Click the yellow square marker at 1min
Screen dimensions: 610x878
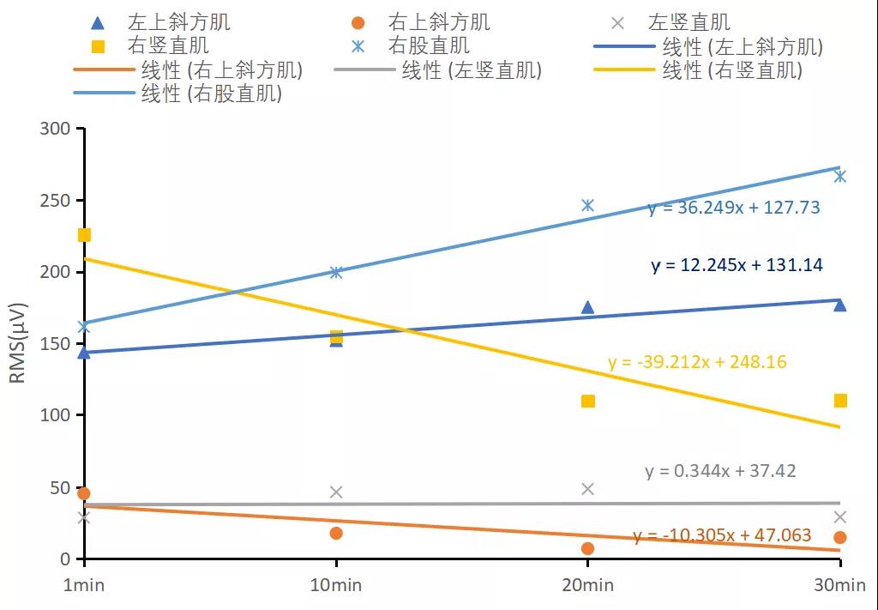click(84, 235)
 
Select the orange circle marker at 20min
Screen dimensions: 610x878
click(587, 548)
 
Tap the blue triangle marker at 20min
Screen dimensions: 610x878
click(587, 307)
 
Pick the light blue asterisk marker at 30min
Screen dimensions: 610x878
click(840, 176)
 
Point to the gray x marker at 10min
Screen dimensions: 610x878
click(336, 492)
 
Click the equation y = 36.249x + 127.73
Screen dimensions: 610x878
click(734, 208)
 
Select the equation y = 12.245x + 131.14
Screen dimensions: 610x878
click(737, 265)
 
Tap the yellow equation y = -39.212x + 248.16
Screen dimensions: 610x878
click(697, 362)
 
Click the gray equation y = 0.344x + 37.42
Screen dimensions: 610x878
click(720, 471)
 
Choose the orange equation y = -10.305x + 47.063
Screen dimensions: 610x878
click(722, 535)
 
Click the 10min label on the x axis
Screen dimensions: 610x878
click(336, 585)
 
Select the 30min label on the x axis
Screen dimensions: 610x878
click(839, 585)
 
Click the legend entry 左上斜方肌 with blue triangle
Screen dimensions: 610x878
click(163, 22)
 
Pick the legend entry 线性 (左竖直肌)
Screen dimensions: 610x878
click(438, 70)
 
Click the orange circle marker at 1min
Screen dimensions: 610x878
click(83, 493)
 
